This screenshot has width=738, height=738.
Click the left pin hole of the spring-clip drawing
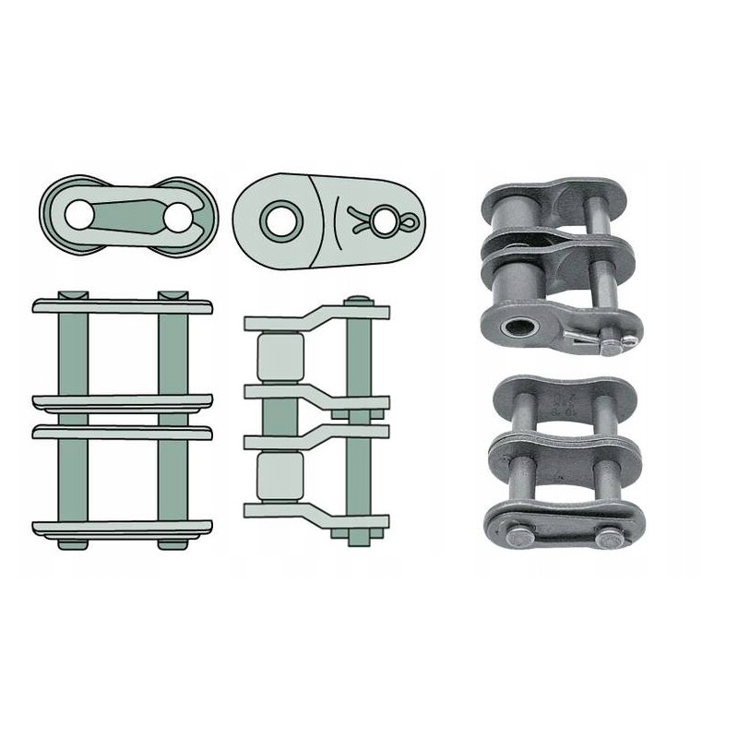(79, 213)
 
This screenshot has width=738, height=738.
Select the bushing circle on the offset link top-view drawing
(275, 219)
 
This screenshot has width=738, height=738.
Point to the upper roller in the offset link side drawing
(280, 357)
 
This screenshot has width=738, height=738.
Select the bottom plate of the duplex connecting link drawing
(122, 528)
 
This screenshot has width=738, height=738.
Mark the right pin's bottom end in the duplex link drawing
(172, 543)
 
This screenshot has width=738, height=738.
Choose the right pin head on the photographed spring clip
(610, 538)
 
